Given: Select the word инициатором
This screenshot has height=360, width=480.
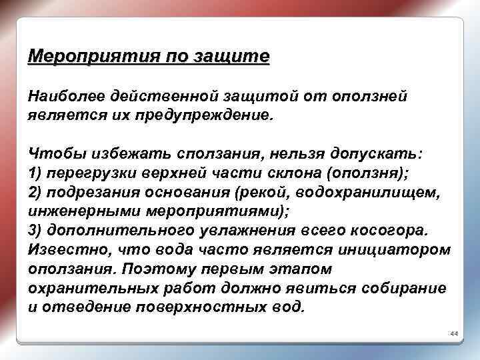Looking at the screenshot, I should point(394,249).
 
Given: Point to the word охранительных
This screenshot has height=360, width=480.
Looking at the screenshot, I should point(91,288).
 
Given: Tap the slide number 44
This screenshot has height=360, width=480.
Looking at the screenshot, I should point(454,333).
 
